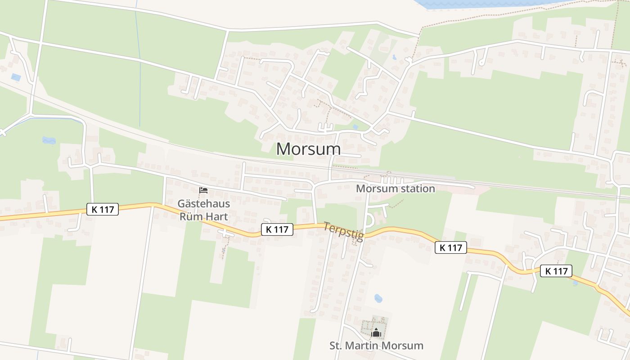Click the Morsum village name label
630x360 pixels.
(308, 149)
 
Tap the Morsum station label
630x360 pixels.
(395, 189)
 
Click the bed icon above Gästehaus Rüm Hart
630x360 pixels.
(203, 191)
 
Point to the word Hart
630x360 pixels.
(216, 216)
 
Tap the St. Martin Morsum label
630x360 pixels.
(376, 346)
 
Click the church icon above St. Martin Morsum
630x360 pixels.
(376, 333)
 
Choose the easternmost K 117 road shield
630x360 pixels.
(556, 271)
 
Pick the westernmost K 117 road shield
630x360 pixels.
(103, 209)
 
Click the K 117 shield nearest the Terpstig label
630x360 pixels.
(277, 229)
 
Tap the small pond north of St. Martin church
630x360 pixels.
(378, 298)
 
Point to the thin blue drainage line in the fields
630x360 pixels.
(139, 67)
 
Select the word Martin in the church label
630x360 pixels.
(369, 346)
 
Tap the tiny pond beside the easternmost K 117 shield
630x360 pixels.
(575, 283)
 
